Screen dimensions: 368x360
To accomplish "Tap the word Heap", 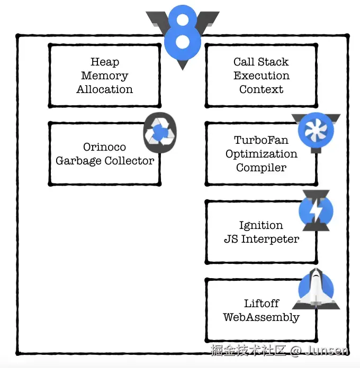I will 105,62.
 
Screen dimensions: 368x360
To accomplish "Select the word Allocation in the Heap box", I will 105,89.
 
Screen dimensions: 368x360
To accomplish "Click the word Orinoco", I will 105,147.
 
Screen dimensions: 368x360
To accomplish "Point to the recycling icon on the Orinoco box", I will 159,133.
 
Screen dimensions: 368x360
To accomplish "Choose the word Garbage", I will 78,161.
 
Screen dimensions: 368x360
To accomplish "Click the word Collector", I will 130,161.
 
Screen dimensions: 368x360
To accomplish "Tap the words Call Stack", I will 261,62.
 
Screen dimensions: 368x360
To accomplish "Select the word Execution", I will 261,76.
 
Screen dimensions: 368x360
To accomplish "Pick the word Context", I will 261,89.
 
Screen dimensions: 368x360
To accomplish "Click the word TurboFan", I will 261,140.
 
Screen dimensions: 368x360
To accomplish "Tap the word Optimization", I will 261,154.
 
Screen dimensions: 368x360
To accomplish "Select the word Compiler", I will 261,168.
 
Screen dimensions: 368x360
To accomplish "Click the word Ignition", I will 261,225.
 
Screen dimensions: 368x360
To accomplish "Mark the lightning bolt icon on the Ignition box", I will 316,210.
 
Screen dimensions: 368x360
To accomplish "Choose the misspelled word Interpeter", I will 270,239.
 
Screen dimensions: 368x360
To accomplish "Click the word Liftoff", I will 261,303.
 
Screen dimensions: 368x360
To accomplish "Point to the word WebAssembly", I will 261,317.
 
